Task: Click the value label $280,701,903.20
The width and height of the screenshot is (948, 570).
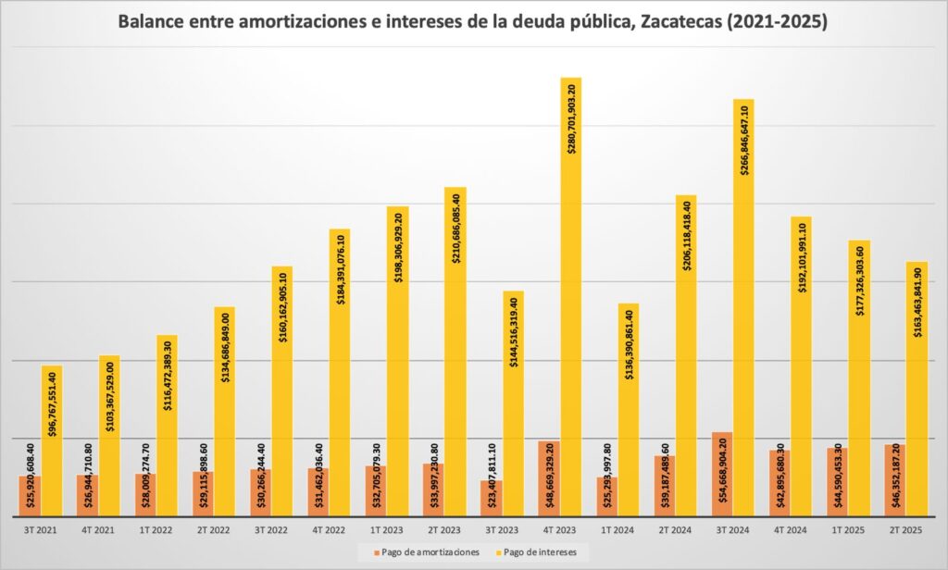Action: click(571, 118)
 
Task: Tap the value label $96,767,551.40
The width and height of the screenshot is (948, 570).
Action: click(53, 404)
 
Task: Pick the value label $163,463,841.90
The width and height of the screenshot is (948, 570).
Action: click(917, 303)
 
